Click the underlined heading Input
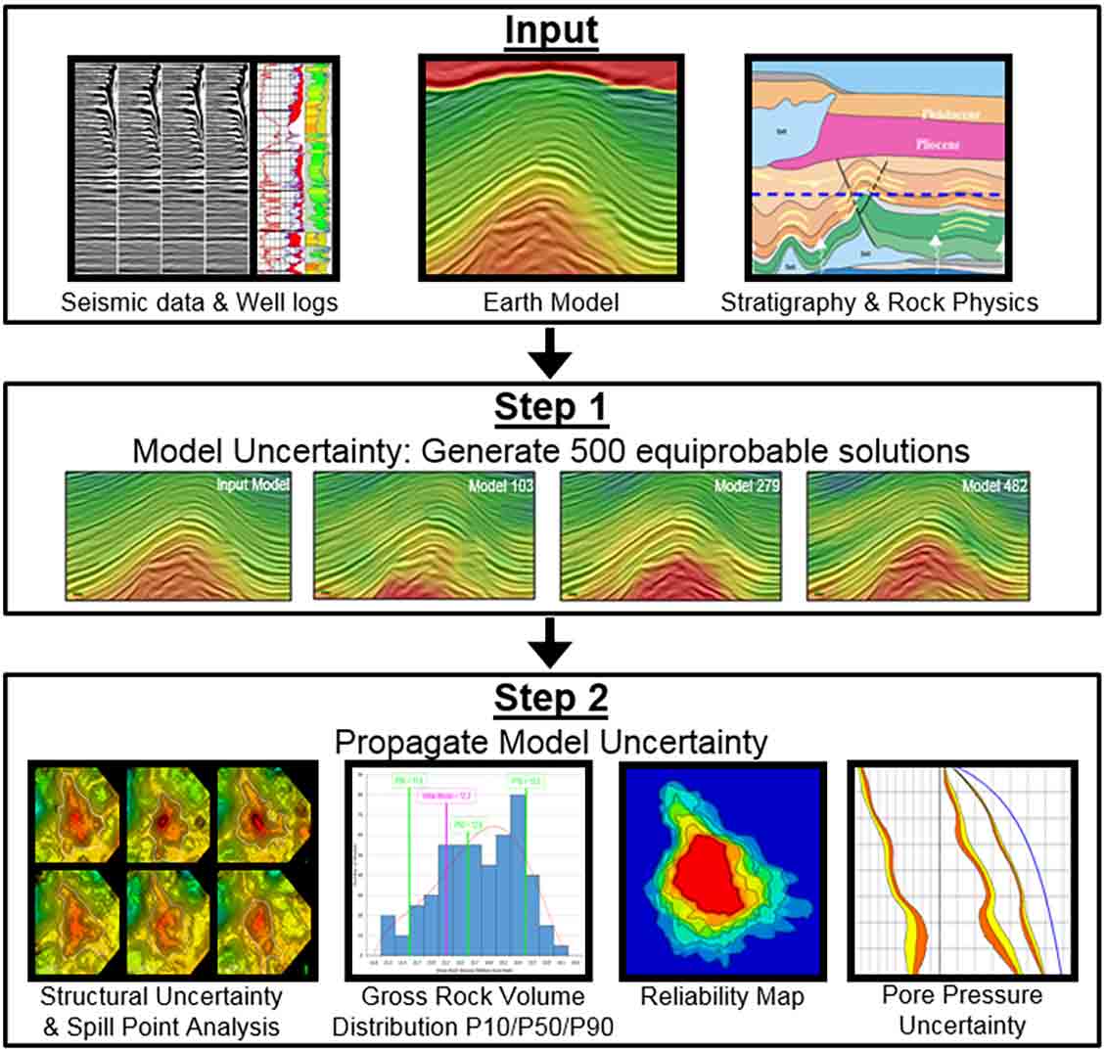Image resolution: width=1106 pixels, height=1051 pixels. [551, 30]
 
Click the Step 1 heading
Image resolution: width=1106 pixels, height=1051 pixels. [551, 407]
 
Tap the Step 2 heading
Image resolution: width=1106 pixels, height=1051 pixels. [551, 698]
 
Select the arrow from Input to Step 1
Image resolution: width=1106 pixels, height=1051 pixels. [551, 353]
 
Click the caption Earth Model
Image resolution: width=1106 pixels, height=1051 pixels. [551, 302]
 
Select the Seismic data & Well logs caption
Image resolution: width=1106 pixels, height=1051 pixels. [199, 302]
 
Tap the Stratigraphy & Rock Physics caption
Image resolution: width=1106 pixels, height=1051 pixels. [879, 302]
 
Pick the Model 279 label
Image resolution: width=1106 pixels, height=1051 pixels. [747, 485]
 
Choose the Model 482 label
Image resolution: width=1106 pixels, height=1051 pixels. [994, 485]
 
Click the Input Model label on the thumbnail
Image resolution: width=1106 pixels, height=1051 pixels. [252, 484]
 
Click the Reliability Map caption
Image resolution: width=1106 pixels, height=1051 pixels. [722, 996]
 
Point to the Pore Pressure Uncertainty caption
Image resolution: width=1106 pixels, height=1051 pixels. [962, 1010]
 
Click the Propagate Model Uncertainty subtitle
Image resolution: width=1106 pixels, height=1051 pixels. [551, 742]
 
